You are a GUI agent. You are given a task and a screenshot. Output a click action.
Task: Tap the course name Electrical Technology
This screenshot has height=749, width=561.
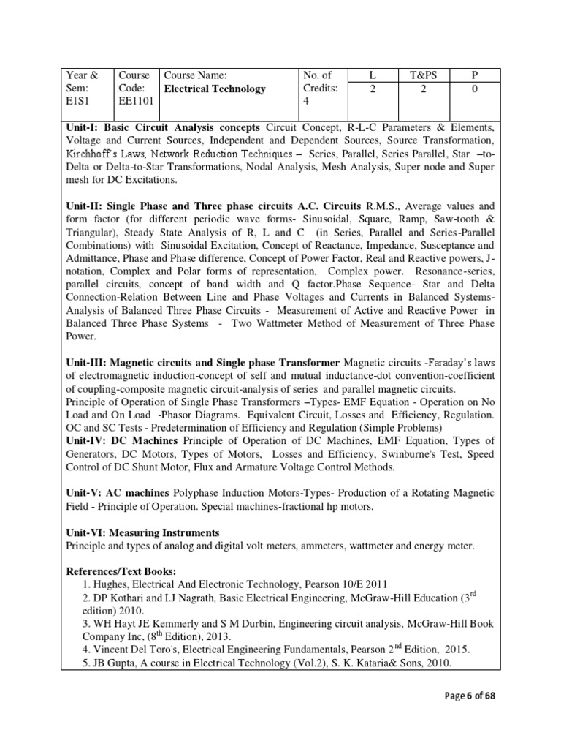click(215, 89)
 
